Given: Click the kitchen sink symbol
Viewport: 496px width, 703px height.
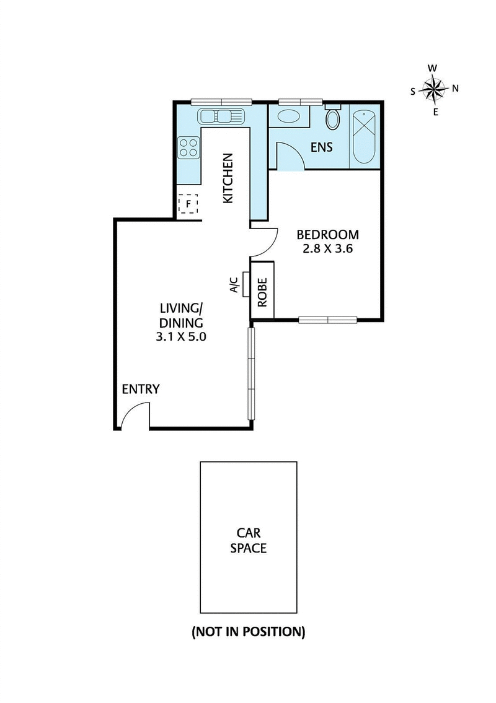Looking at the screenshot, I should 221,116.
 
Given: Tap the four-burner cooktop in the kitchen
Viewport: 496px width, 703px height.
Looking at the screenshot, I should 189,147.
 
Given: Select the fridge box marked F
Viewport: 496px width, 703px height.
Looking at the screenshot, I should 188,204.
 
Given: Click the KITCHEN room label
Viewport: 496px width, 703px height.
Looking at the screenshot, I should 228,178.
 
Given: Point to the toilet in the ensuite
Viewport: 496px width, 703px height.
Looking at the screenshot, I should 333,118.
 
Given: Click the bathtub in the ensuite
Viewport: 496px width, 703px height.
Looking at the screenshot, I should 364,137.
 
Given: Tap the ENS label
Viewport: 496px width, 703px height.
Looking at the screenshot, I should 322,147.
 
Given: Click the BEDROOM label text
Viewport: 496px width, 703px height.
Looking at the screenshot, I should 327,235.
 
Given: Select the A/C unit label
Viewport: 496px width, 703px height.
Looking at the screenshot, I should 234,285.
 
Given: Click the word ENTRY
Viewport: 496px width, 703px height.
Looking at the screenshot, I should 141,390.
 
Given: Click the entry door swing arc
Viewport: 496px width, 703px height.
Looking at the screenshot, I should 136,414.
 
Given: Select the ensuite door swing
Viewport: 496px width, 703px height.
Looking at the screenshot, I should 290,155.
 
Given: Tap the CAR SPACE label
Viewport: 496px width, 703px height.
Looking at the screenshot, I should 249,540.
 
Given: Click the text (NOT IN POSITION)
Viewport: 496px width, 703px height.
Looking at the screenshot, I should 248,632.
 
